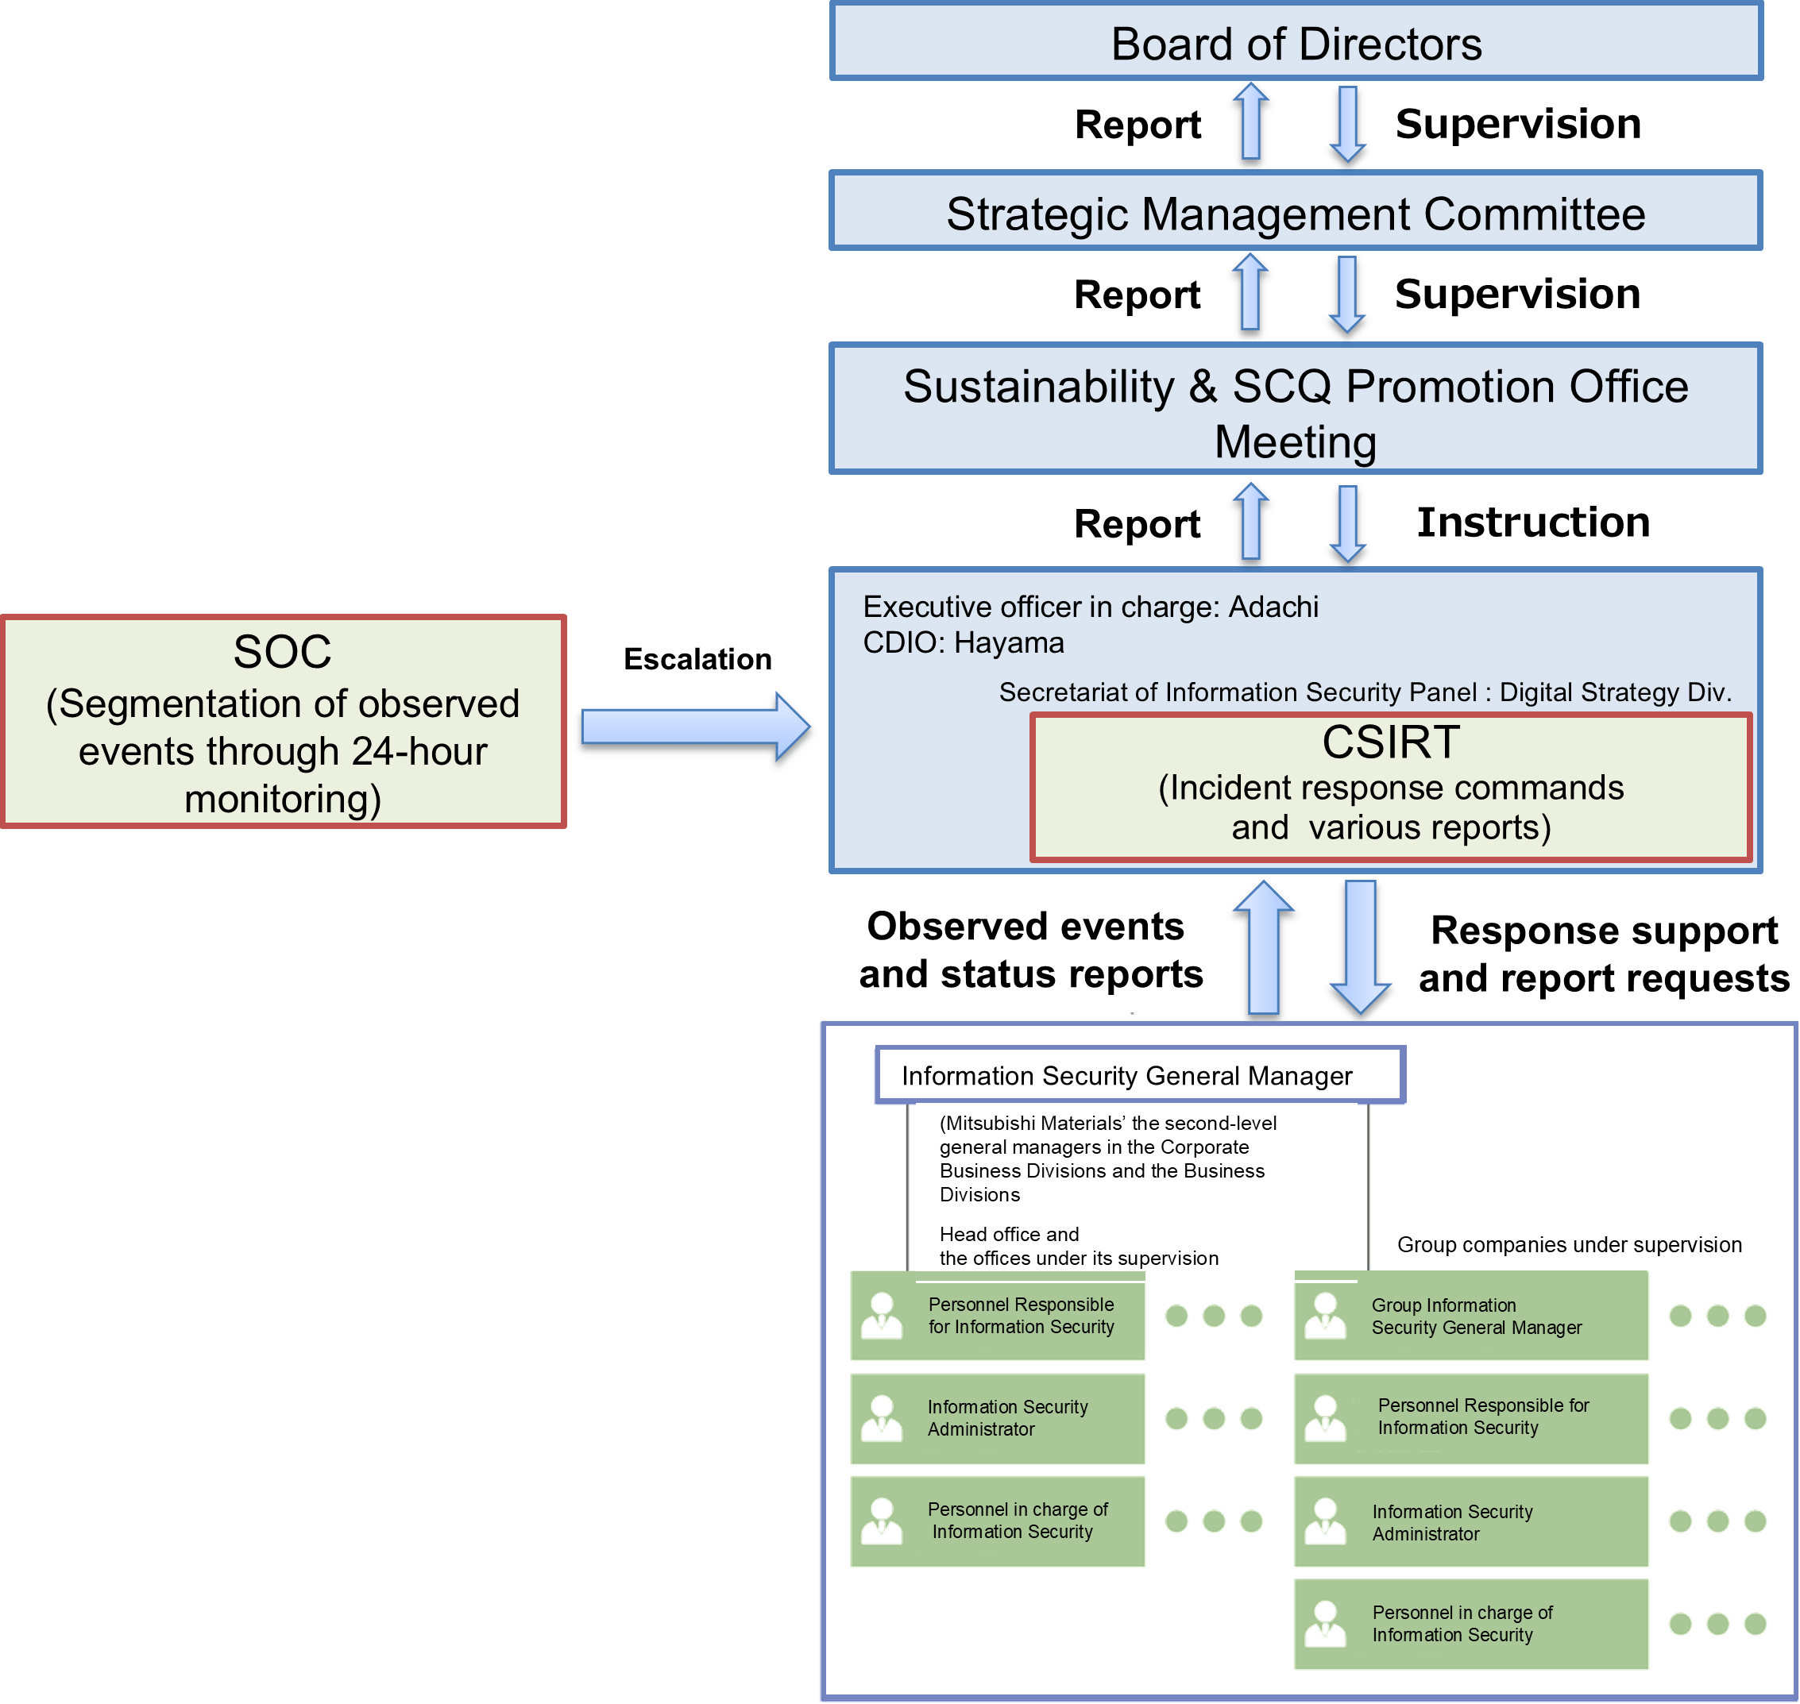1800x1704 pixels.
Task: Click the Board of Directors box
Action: (x=1296, y=42)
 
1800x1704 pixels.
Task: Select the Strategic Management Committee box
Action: (x=1296, y=210)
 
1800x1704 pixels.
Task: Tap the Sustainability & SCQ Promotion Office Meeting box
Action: (x=1296, y=409)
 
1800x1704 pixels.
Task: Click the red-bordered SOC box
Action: (x=284, y=722)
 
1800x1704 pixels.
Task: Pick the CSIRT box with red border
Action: (x=1391, y=788)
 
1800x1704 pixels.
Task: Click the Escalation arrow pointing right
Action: (x=696, y=727)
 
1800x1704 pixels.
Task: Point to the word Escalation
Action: (x=697, y=658)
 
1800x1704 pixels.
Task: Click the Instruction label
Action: (x=1533, y=522)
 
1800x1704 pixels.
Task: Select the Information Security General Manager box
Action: (x=1141, y=1075)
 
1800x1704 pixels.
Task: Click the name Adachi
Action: (x=1273, y=607)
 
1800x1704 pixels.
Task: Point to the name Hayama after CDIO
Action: (x=1009, y=643)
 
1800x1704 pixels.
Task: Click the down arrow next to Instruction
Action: (x=1347, y=524)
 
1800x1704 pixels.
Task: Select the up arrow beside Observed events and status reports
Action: (x=1264, y=946)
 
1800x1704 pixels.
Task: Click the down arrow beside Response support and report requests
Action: (x=1360, y=946)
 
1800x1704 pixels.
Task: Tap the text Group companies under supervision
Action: (x=1569, y=1244)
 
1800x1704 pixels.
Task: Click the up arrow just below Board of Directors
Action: (x=1251, y=121)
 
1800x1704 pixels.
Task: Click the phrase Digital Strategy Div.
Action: (x=1616, y=692)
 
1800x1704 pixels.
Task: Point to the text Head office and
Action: (x=1010, y=1235)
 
